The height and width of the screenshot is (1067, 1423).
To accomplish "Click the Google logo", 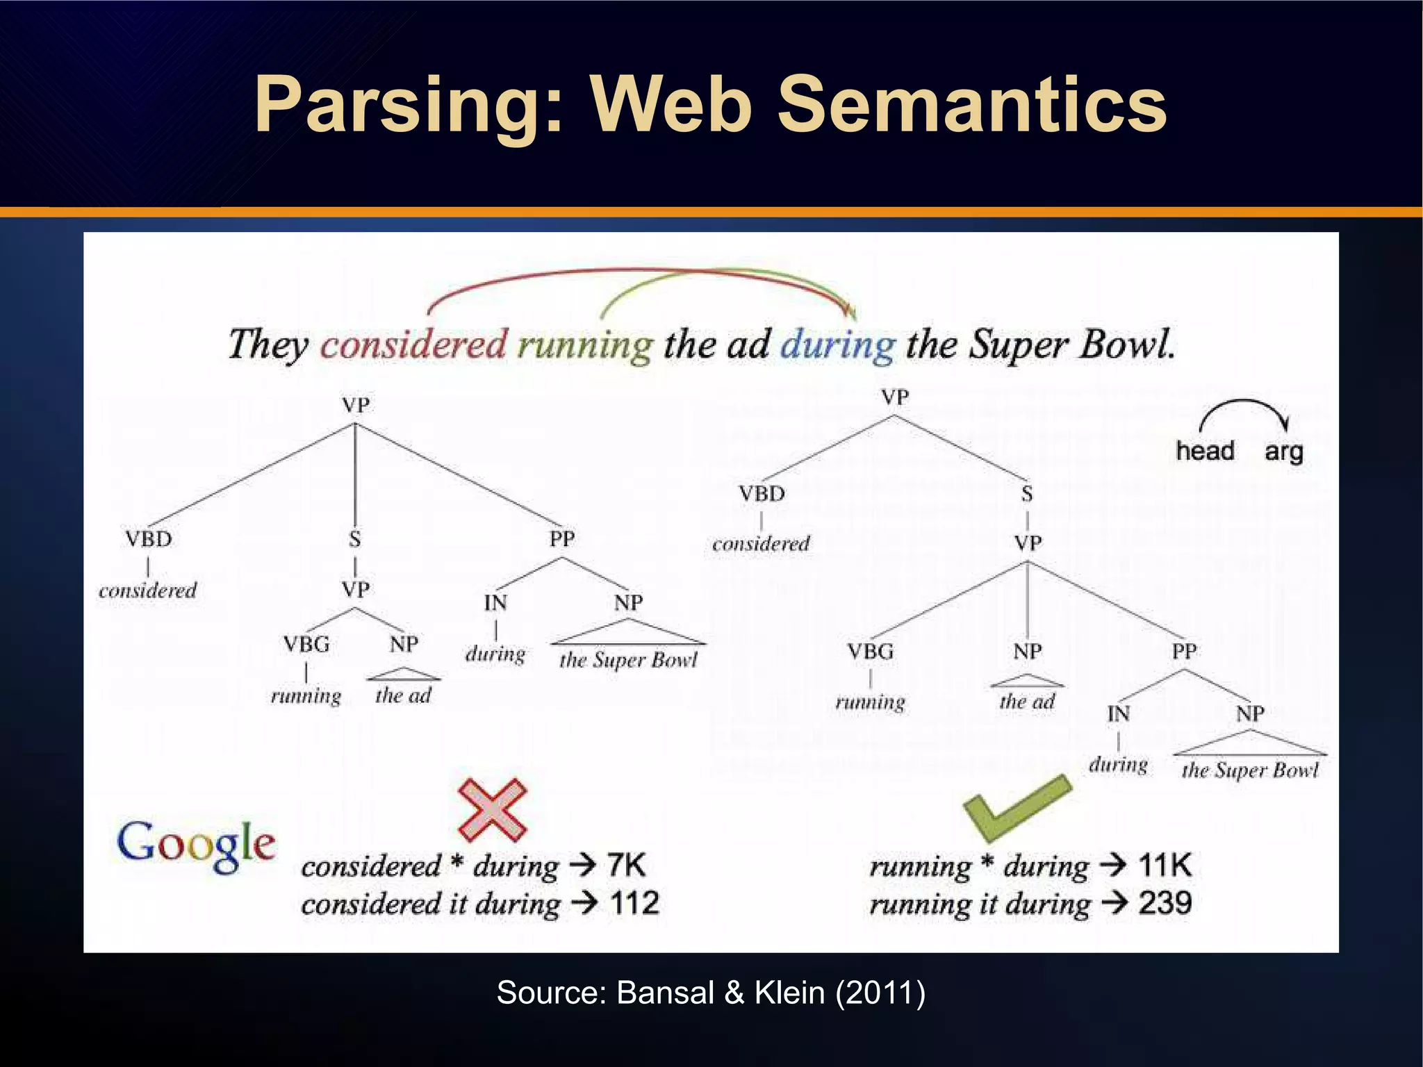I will (x=196, y=845).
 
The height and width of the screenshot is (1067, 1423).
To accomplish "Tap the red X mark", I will (x=492, y=809).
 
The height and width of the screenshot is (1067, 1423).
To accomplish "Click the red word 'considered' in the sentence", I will (x=414, y=345).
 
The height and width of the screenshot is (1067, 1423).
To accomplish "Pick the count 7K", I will (x=626, y=866).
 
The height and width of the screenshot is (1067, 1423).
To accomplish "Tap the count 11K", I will (x=1165, y=866).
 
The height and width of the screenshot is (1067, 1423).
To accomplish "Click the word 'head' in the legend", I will (x=1205, y=452).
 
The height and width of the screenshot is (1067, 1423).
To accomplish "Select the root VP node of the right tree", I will (x=895, y=397).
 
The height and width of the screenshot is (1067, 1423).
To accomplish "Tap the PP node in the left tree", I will (x=562, y=538).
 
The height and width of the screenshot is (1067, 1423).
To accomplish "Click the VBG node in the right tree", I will (x=870, y=652).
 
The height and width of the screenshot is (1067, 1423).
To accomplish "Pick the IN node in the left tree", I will (x=495, y=603).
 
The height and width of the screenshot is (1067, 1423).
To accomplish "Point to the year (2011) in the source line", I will (x=880, y=993).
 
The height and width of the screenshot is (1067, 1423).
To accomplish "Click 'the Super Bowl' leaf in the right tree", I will (x=1250, y=770).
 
